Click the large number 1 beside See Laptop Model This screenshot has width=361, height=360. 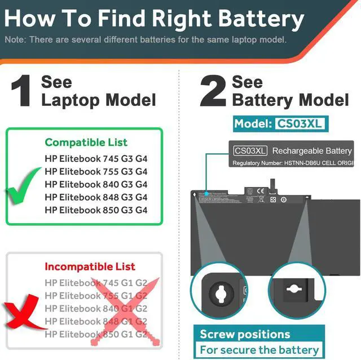[x=21, y=91]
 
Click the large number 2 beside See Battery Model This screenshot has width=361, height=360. [x=213, y=91]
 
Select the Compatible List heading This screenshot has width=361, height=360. [x=86, y=143]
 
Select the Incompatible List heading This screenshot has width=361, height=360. [x=90, y=266]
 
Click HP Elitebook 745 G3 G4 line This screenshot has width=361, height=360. [x=96, y=158]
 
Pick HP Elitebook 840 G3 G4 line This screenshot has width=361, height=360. [x=96, y=184]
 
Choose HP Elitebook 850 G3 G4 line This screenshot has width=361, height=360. [x=96, y=210]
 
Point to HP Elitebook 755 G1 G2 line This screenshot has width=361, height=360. [x=96, y=295]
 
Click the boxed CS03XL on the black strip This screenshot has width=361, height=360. [x=250, y=150]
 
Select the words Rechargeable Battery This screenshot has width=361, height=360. [x=312, y=150]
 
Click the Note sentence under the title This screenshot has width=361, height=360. [x=146, y=40]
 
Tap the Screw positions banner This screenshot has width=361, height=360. [x=245, y=334]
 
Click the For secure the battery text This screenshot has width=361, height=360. [x=259, y=350]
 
